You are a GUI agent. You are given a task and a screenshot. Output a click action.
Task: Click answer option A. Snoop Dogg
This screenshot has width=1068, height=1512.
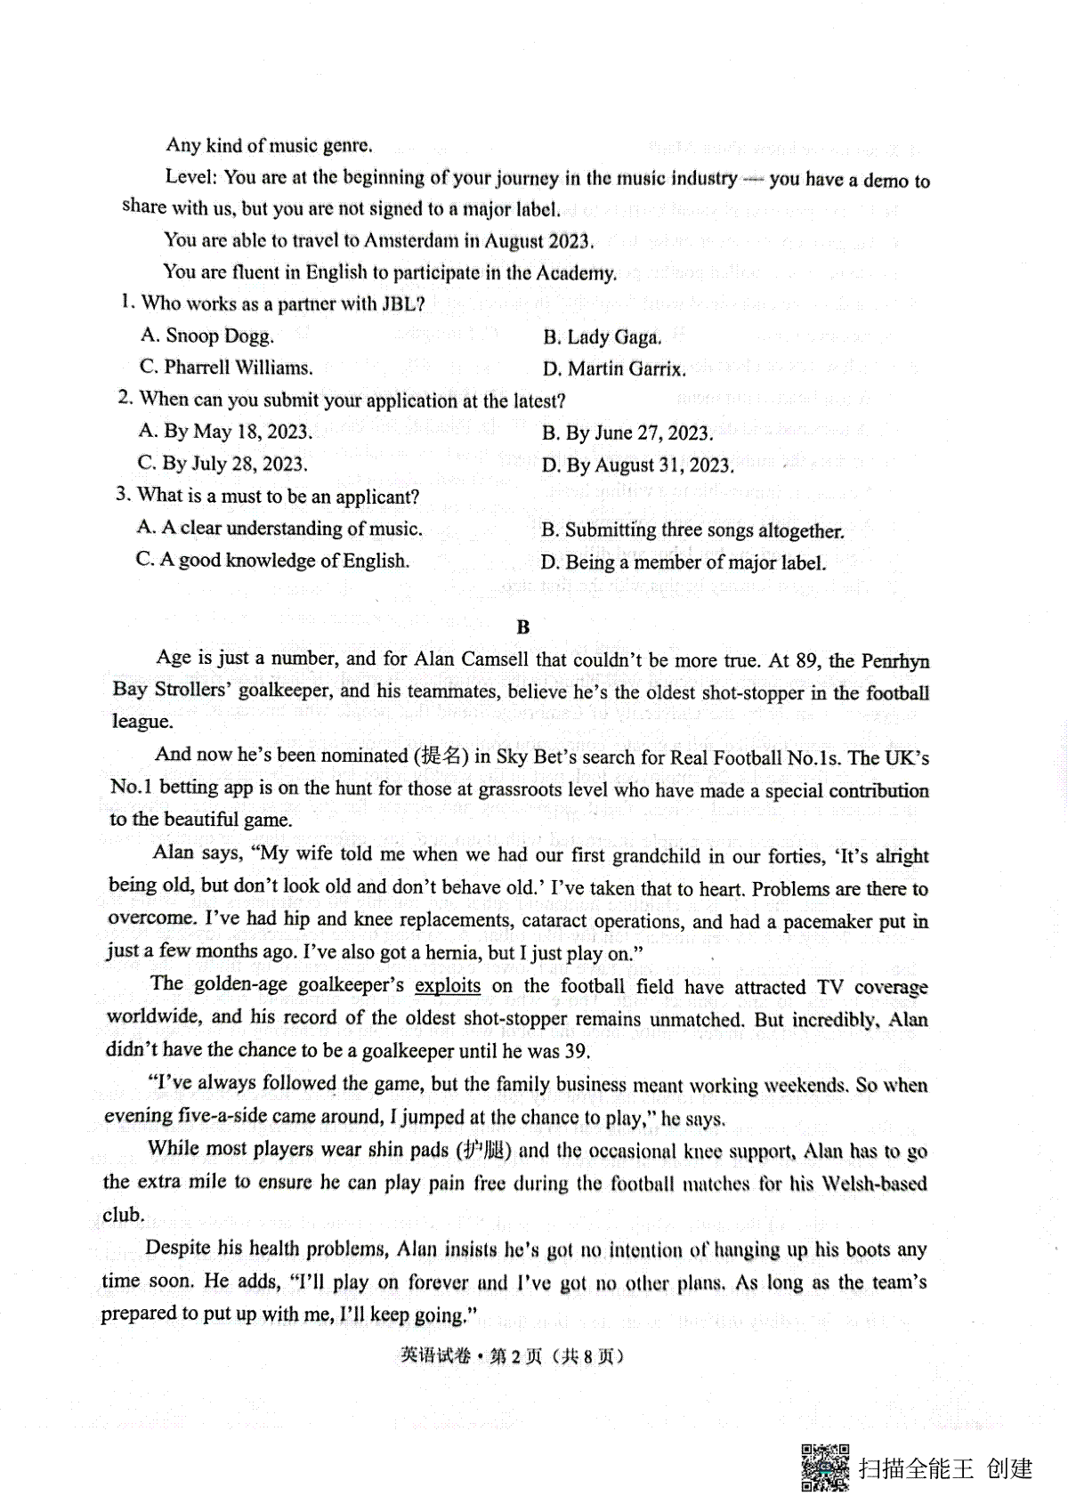click(x=207, y=336)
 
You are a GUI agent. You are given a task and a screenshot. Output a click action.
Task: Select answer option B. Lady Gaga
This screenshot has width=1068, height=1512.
click(x=602, y=336)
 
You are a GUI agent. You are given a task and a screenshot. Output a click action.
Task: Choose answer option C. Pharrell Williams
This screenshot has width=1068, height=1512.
click(x=226, y=368)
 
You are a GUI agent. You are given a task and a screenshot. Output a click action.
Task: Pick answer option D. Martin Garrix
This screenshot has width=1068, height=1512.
click(x=613, y=368)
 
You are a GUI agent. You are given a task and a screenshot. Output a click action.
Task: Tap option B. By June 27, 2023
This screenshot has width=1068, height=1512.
click(x=627, y=433)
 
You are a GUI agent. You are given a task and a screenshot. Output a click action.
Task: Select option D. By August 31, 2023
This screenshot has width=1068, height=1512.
click(x=637, y=465)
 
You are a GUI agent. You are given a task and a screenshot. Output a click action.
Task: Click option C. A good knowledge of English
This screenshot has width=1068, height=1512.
click(x=272, y=561)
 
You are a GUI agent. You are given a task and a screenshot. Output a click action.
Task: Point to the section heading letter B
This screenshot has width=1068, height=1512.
click(x=523, y=627)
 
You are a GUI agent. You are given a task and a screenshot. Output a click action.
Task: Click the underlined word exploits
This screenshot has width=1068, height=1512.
click(x=448, y=986)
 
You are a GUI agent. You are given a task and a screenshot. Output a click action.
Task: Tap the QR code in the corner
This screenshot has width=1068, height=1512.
click(x=825, y=1467)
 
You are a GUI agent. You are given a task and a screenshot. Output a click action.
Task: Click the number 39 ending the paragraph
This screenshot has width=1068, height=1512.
click(x=577, y=1051)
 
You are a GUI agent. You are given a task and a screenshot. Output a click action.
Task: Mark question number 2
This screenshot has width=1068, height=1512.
click(x=125, y=399)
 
